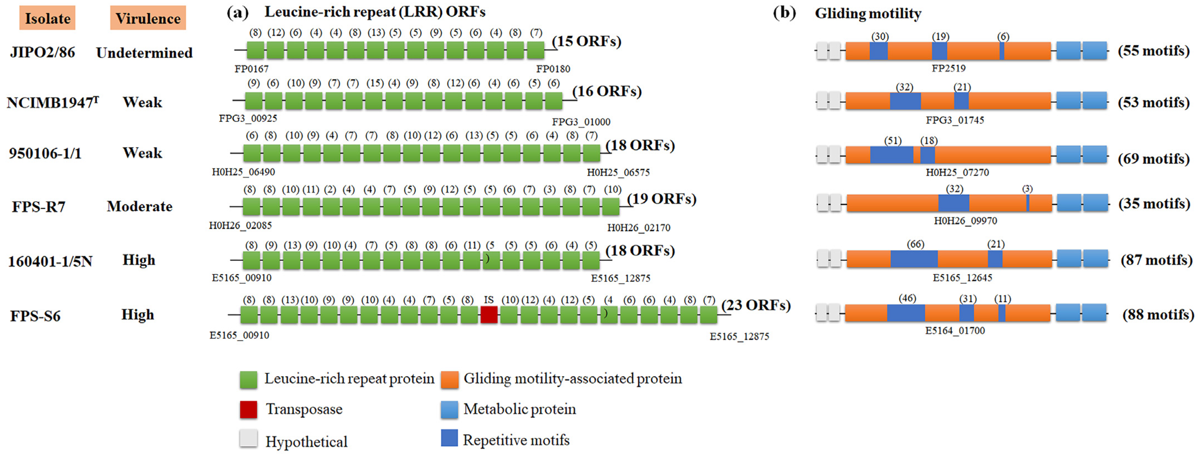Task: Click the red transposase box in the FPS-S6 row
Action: pyautogui.click(x=489, y=315)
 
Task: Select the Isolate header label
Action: pyautogui.click(x=47, y=18)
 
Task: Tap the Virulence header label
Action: pyautogui.click(x=148, y=18)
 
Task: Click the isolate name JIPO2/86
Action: pyautogui.click(x=42, y=52)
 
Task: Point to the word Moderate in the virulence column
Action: pyautogui.click(x=140, y=206)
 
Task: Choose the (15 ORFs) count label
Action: pyautogui.click(x=587, y=42)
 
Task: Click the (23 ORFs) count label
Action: pyautogui.click(x=756, y=305)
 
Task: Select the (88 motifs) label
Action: pyautogui.click(x=1158, y=315)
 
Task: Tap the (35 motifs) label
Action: pyautogui.click(x=1154, y=204)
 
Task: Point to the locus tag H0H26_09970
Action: pyautogui.click(x=965, y=220)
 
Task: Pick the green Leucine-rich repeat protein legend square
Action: pyautogui.click(x=248, y=380)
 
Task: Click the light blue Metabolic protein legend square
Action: pyautogui.click(x=449, y=410)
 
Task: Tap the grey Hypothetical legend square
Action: pyautogui.click(x=248, y=439)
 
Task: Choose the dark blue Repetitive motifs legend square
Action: pyautogui.click(x=449, y=438)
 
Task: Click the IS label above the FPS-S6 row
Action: pyautogui.click(x=489, y=300)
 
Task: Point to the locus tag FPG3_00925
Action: pyautogui.click(x=248, y=119)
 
